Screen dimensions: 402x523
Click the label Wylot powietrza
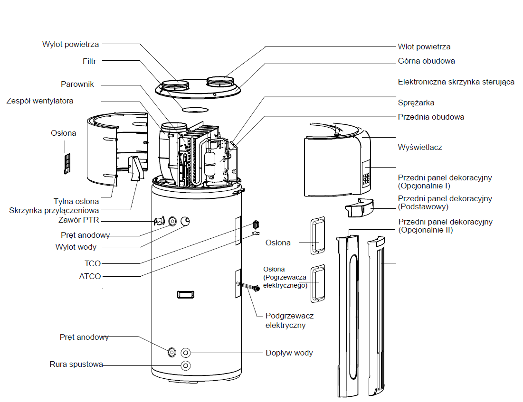(x=70, y=44)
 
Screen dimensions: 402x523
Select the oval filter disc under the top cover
(x=195, y=110)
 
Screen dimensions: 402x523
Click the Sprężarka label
(x=416, y=103)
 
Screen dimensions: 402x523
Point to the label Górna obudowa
(x=426, y=61)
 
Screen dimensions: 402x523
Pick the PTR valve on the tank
(x=159, y=221)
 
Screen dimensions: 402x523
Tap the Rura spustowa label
(x=76, y=365)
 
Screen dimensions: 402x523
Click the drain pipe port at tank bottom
(x=186, y=365)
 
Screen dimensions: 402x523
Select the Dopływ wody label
(x=289, y=353)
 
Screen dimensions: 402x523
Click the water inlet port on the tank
(x=186, y=353)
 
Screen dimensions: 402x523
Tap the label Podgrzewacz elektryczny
(x=289, y=320)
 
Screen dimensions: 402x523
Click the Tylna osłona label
(x=76, y=201)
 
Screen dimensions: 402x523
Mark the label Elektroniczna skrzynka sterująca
(x=456, y=82)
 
